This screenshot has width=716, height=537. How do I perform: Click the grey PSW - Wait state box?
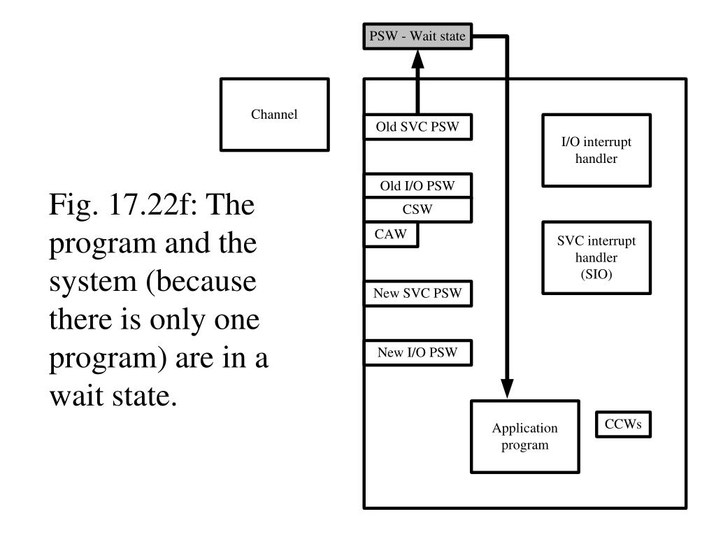[417, 36]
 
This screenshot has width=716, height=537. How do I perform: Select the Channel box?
[274, 115]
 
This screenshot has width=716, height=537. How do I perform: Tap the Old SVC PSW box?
[417, 127]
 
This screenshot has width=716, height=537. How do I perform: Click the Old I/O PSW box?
[417, 186]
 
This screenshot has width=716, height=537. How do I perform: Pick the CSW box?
[417, 210]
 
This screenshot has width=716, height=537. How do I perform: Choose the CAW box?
[390, 235]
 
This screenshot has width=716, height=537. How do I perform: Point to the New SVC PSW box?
[417, 294]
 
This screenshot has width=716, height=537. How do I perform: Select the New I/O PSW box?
[417, 352]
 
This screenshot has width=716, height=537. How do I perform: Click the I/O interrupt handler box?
[596, 150]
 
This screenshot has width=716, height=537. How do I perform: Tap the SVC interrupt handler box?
[596, 257]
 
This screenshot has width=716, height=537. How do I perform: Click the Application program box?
[524, 436]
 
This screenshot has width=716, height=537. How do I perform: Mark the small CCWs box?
[623, 424]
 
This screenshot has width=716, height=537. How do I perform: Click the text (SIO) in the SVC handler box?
[596, 274]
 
